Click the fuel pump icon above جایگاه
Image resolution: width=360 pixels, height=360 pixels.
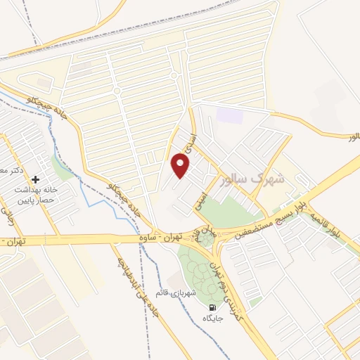(x=212, y=307)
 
